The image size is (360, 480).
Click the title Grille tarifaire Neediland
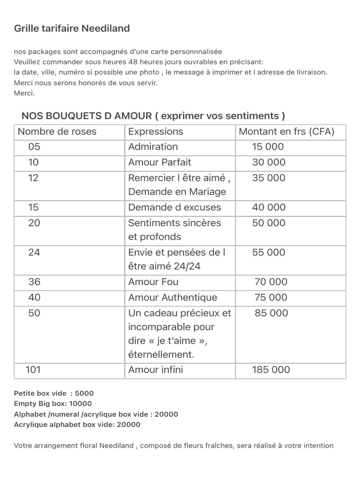[x=72, y=29]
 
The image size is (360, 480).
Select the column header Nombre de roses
[x=57, y=132]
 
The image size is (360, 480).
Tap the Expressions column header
[x=156, y=132]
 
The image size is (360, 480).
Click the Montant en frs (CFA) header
[x=286, y=132]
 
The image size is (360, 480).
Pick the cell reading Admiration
[x=153, y=147]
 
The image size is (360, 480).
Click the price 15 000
[x=268, y=147]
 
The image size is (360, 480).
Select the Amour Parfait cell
[x=159, y=162]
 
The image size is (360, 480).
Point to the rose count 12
[x=33, y=178]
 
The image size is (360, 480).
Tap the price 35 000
[x=268, y=178]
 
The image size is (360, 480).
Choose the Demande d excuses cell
[x=174, y=207]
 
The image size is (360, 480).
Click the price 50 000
[x=268, y=223]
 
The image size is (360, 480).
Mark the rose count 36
[x=34, y=282]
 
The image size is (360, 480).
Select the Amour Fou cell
[x=153, y=282]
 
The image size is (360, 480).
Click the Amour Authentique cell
[x=172, y=297]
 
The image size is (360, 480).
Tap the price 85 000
[x=271, y=313]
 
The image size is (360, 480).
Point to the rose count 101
[x=33, y=369]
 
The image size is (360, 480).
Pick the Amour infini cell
[x=156, y=369]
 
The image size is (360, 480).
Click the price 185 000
[x=271, y=369]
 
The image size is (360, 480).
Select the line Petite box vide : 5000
[x=54, y=393]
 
